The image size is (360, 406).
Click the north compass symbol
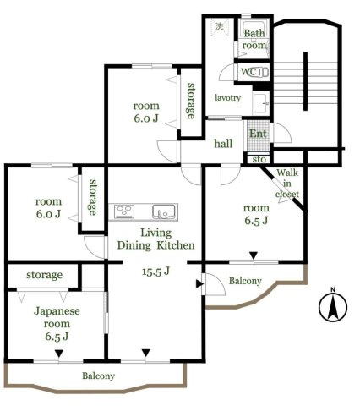click(x=333, y=307)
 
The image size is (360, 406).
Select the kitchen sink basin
click(x=164, y=211)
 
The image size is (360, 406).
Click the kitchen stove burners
click(x=124, y=211)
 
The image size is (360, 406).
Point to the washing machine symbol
click(x=220, y=27)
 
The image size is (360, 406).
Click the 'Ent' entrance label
click(x=258, y=134)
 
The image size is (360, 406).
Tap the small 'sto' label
click(x=259, y=159)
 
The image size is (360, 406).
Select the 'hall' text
click(x=223, y=144)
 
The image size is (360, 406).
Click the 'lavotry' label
click(x=227, y=98)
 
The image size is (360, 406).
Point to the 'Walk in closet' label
click(x=287, y=184)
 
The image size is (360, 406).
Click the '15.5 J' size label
click(x=155, y=272)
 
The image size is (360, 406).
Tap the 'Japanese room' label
click(x=57, y=317)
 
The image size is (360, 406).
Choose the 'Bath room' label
click(x=254, y=39)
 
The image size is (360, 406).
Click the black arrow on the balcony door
click(x=199, y=284)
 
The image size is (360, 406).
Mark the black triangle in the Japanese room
click(x=58, y=354)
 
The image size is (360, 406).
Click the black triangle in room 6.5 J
click(x=254, y=255)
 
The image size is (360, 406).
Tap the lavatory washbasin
click(x=261, y=103)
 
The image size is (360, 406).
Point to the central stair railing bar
click(x=305, y=81)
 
